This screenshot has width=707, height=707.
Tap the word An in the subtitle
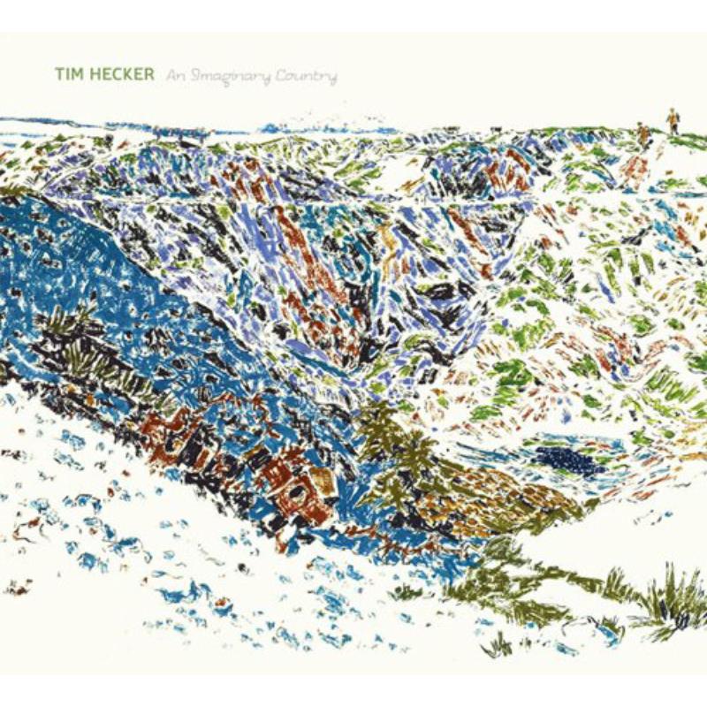[173, 77]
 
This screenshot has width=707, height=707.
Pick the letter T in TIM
[58, 76]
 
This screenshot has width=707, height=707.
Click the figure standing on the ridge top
[673, 120]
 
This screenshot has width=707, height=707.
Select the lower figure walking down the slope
[643, 134]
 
